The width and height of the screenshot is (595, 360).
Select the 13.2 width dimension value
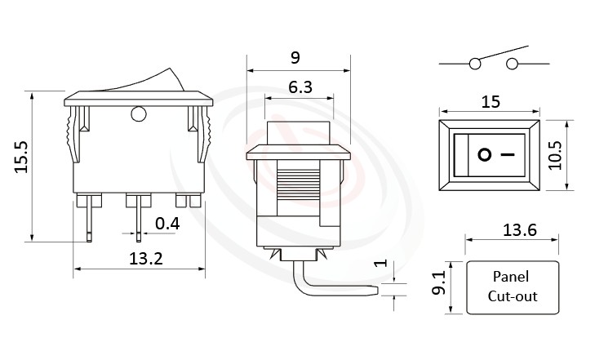tap(146, 260)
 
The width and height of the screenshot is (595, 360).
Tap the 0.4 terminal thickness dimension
tap(168, 223)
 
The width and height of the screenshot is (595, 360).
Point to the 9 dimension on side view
tap(295, 57)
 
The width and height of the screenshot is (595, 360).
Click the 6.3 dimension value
tap(298, 87)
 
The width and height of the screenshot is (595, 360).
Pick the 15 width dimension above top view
tap(490, 101)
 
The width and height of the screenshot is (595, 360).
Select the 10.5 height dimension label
tap(557, 153)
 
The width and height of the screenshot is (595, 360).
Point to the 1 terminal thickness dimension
tap(377, 264)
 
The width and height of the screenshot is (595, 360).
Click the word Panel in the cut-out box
tap(511, 277)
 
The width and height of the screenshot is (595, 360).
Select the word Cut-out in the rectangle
tap(512, 296)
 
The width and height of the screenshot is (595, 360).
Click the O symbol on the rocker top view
tap(484, 153)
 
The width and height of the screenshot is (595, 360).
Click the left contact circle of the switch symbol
tap(475, 64)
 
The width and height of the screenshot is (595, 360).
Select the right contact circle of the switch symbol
tap(513, 64)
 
